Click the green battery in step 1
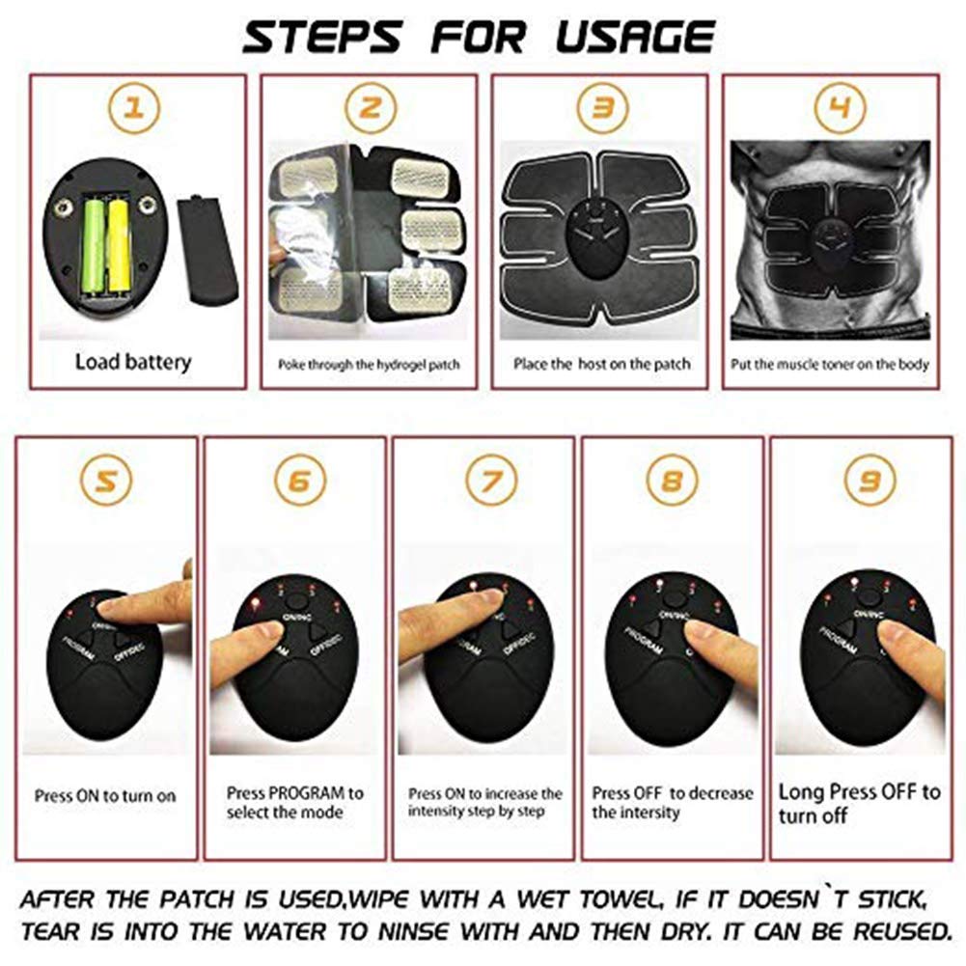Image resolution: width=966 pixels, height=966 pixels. coord(95,245)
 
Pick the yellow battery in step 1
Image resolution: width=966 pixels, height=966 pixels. coord(119,245)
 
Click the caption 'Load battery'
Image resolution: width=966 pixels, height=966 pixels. coord(133,363)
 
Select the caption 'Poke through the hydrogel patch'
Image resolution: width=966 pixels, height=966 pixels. coord(370,365)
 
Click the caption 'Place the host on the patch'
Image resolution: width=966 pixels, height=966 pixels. coord(601,364)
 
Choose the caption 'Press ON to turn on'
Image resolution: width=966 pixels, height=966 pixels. coord(105,796)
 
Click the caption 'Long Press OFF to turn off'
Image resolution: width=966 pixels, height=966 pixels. coord(859,803)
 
